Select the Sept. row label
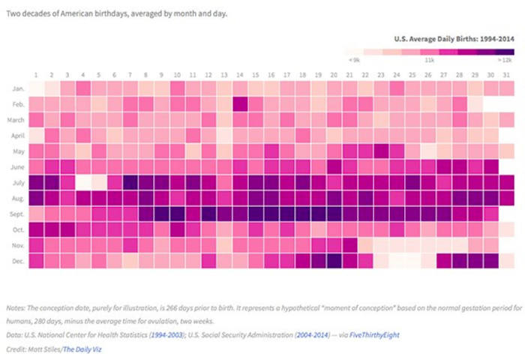point(17,214)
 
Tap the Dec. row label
point(18,260)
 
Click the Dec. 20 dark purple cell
point(335,260)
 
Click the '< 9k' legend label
point(353,58)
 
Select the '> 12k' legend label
point(505,58)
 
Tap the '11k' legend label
point(430,58)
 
